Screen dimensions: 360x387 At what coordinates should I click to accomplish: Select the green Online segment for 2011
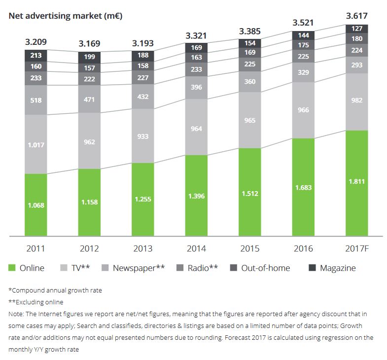tap(36, 205)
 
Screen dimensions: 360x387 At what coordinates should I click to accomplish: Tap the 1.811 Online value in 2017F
tap(357, 182)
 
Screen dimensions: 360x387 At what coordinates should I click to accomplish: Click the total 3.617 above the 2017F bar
tap(357, 16)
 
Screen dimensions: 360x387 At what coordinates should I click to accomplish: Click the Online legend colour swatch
tap(12, 268)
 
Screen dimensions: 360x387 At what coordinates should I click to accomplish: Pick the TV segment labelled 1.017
tap(36, 145)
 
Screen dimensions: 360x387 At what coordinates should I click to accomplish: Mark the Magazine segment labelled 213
tap(36, 55)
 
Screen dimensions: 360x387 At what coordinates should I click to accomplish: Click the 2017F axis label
tap(357, 248)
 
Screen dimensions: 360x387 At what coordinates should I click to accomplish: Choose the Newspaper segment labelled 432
tap(143, 97)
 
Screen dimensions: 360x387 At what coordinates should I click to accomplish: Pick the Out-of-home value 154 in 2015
tap(250, 43)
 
